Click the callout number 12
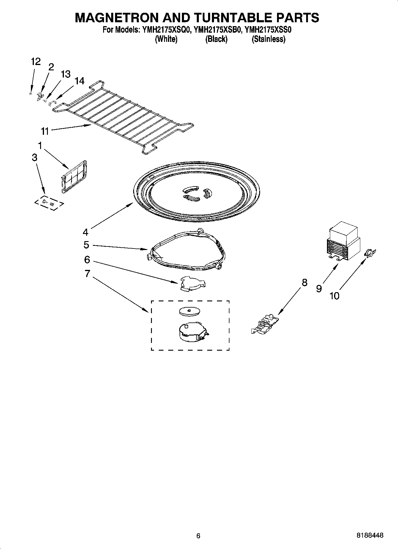35,62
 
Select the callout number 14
79,81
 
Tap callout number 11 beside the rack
45,131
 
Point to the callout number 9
319,288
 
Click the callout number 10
334,296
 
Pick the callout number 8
304,282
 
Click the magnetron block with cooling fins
343,242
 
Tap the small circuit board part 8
265,325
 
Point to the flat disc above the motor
189,311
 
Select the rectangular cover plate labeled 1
74,177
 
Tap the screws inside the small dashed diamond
48,202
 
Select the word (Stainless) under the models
268,39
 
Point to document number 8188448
370,536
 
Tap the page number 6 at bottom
199,536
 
